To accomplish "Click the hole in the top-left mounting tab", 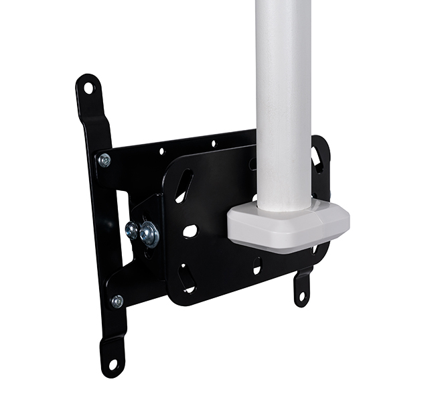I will pos(88,87).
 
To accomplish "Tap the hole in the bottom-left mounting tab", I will pos(113,364).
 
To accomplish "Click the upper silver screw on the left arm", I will pos(104,160).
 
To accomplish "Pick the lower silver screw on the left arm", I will pos(117,301).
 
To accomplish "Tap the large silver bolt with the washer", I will pos(149,234).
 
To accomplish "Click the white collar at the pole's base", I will pos(288,224).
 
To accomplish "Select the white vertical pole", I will pos(284,100).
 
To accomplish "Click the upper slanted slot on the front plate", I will pos(184,186).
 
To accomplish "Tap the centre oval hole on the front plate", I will pos(190,231).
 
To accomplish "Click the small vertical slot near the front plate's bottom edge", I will pos(257,266).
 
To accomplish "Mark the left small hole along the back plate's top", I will pos(161,151).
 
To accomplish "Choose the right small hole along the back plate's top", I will pos(213,143).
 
